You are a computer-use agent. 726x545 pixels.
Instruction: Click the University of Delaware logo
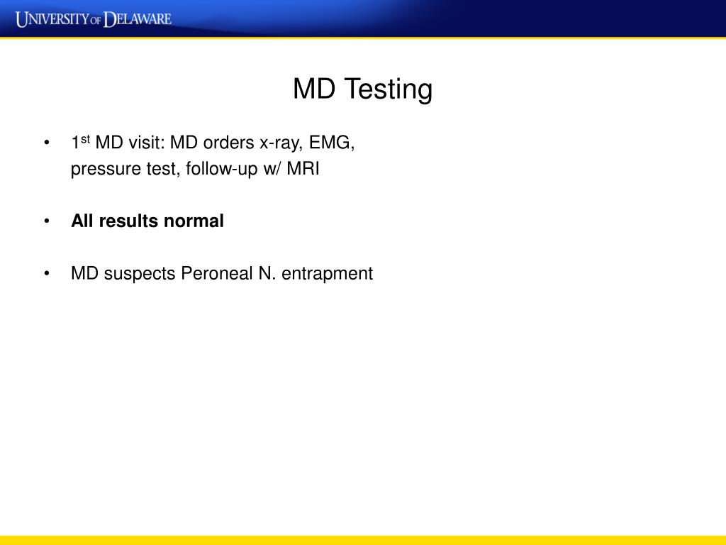click(94, 18)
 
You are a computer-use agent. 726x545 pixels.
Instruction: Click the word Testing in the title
click(388, 89)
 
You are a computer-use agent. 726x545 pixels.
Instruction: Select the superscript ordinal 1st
click(79, 142)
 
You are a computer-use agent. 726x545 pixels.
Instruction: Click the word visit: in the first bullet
click(146, 143)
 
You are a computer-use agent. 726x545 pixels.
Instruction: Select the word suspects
click(140, 274)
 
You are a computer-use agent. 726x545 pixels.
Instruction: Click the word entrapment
click(327, 274)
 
